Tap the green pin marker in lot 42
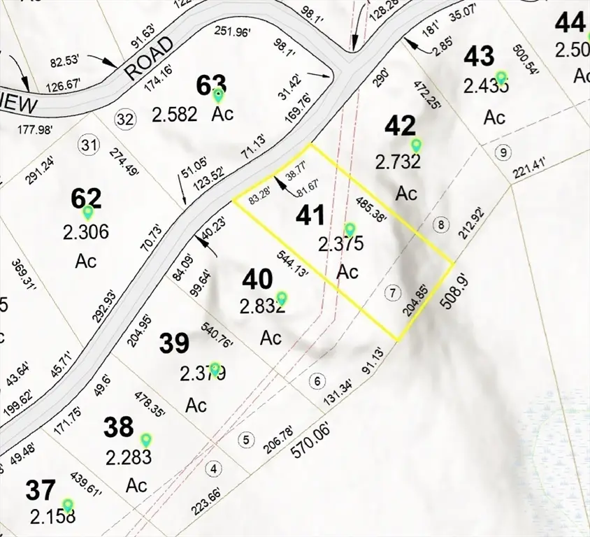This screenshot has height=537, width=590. pyautogui.click(x=417, y=145)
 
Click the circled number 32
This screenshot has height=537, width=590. pyautogui.click(x=125, y=119)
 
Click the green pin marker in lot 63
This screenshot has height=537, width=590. pyautogui.click(x=219, y=94)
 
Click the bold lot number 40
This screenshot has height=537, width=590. pyautogui.click(x=257, y=280)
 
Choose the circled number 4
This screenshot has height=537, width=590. pyautogui.click(x=215, y=468)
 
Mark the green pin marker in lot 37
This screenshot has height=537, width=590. pyautogui.click(x=68, y=504)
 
